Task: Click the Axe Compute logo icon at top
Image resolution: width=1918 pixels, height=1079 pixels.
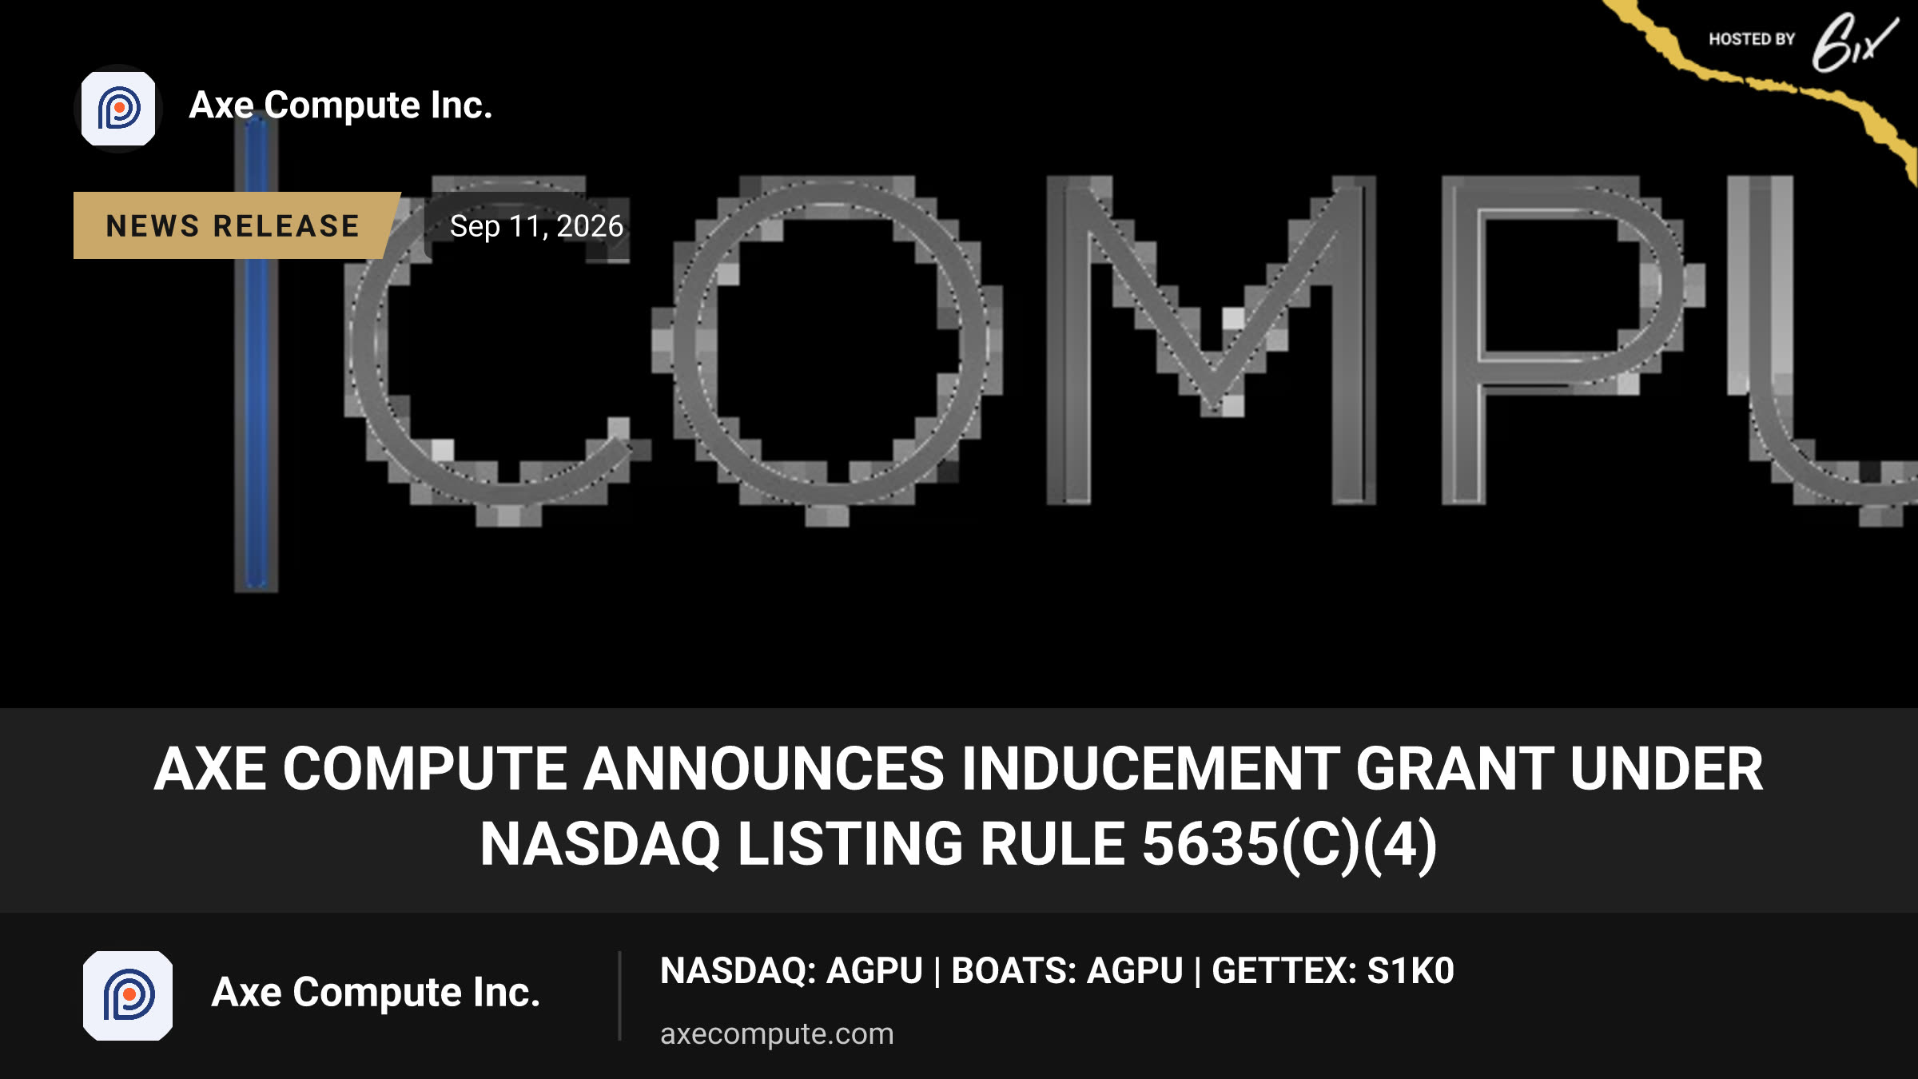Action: coord(118,109)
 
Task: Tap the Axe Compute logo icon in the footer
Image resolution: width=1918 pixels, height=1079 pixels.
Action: coord(128,995)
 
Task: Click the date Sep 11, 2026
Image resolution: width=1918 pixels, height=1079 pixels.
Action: coord(536,226)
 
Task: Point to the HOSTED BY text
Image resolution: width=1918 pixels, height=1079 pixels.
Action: coord(1752,39)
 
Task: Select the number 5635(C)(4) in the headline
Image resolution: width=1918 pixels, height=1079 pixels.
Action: coord(1290,845)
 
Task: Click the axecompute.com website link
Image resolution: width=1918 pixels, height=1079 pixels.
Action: coord(777,1033)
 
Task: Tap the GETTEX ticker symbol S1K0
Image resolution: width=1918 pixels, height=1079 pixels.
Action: coord(1411,971)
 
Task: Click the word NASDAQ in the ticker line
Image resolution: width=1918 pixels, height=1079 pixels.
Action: coord(734,971)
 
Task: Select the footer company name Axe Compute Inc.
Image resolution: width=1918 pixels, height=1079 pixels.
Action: coord(376,993)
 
